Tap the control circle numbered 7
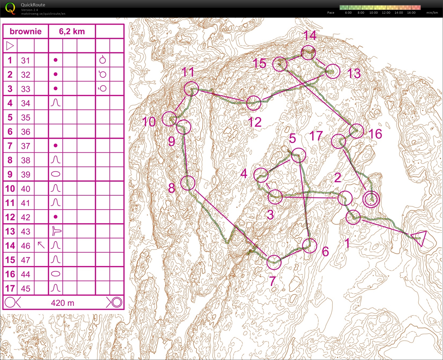pos(274,262)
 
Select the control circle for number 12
pos(254,103)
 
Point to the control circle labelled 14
pos(308,53)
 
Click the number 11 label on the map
pos(188,72)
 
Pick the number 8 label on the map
pos(172,188)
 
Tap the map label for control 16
pos(375,134)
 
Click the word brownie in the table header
pos(26,31)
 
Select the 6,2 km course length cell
pos(72,31)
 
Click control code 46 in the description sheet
pos(25,246)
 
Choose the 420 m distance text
pos(62,303)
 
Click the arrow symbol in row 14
pos(41,245)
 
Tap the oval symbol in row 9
pos(55,174)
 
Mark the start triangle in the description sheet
pos(10,46)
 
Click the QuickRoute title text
pos(33,5)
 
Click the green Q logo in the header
pos(10,8)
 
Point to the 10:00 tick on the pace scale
pos(373,13)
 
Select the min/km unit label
pos(432,13)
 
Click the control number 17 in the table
pos(10,289)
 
